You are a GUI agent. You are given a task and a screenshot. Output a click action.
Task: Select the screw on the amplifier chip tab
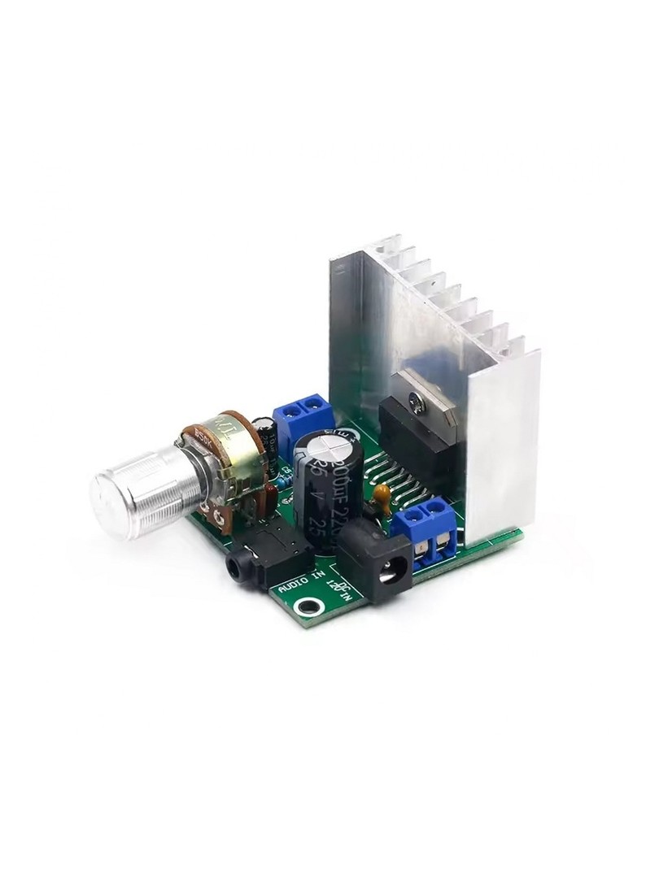click(x=419, y=399)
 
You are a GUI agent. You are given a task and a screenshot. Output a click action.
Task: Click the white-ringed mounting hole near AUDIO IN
click(x=306, y=606)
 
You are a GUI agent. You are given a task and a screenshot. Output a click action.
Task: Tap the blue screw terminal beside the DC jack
click(x=429, y=532)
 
